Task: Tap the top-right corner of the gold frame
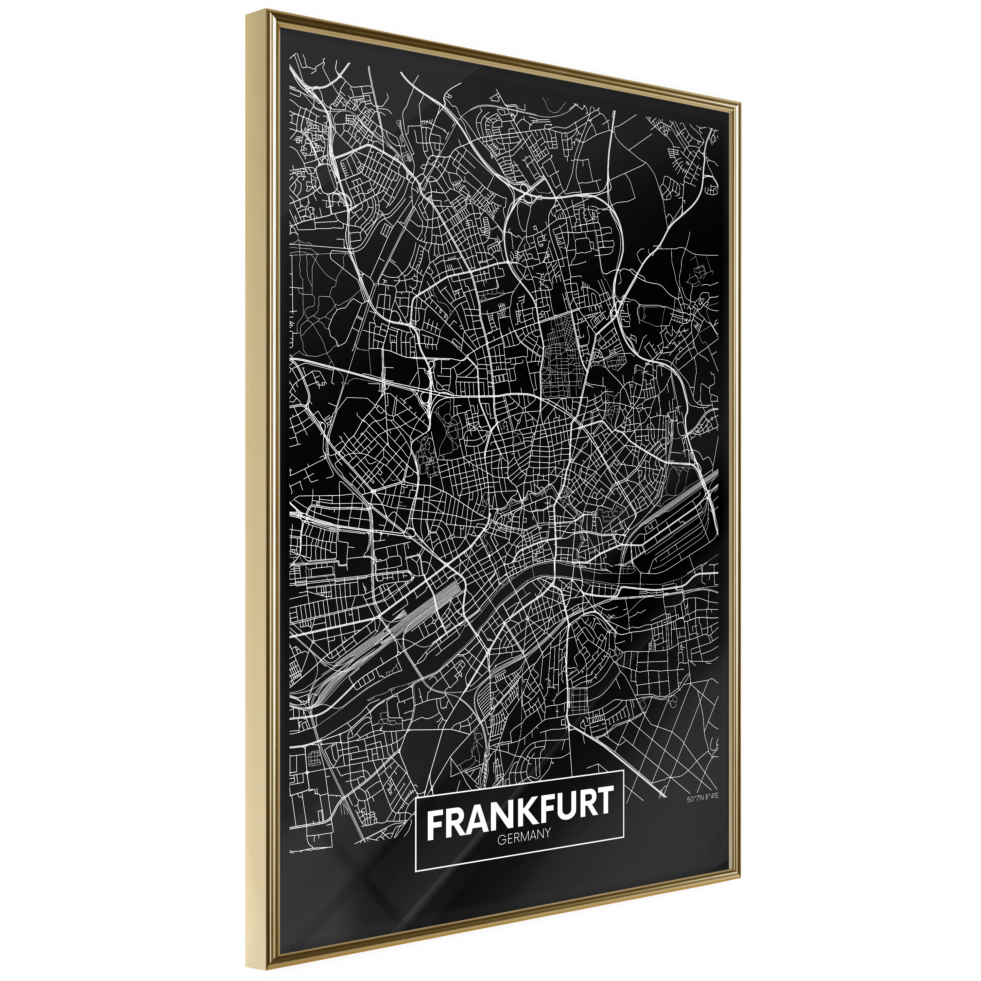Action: [741, 102]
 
